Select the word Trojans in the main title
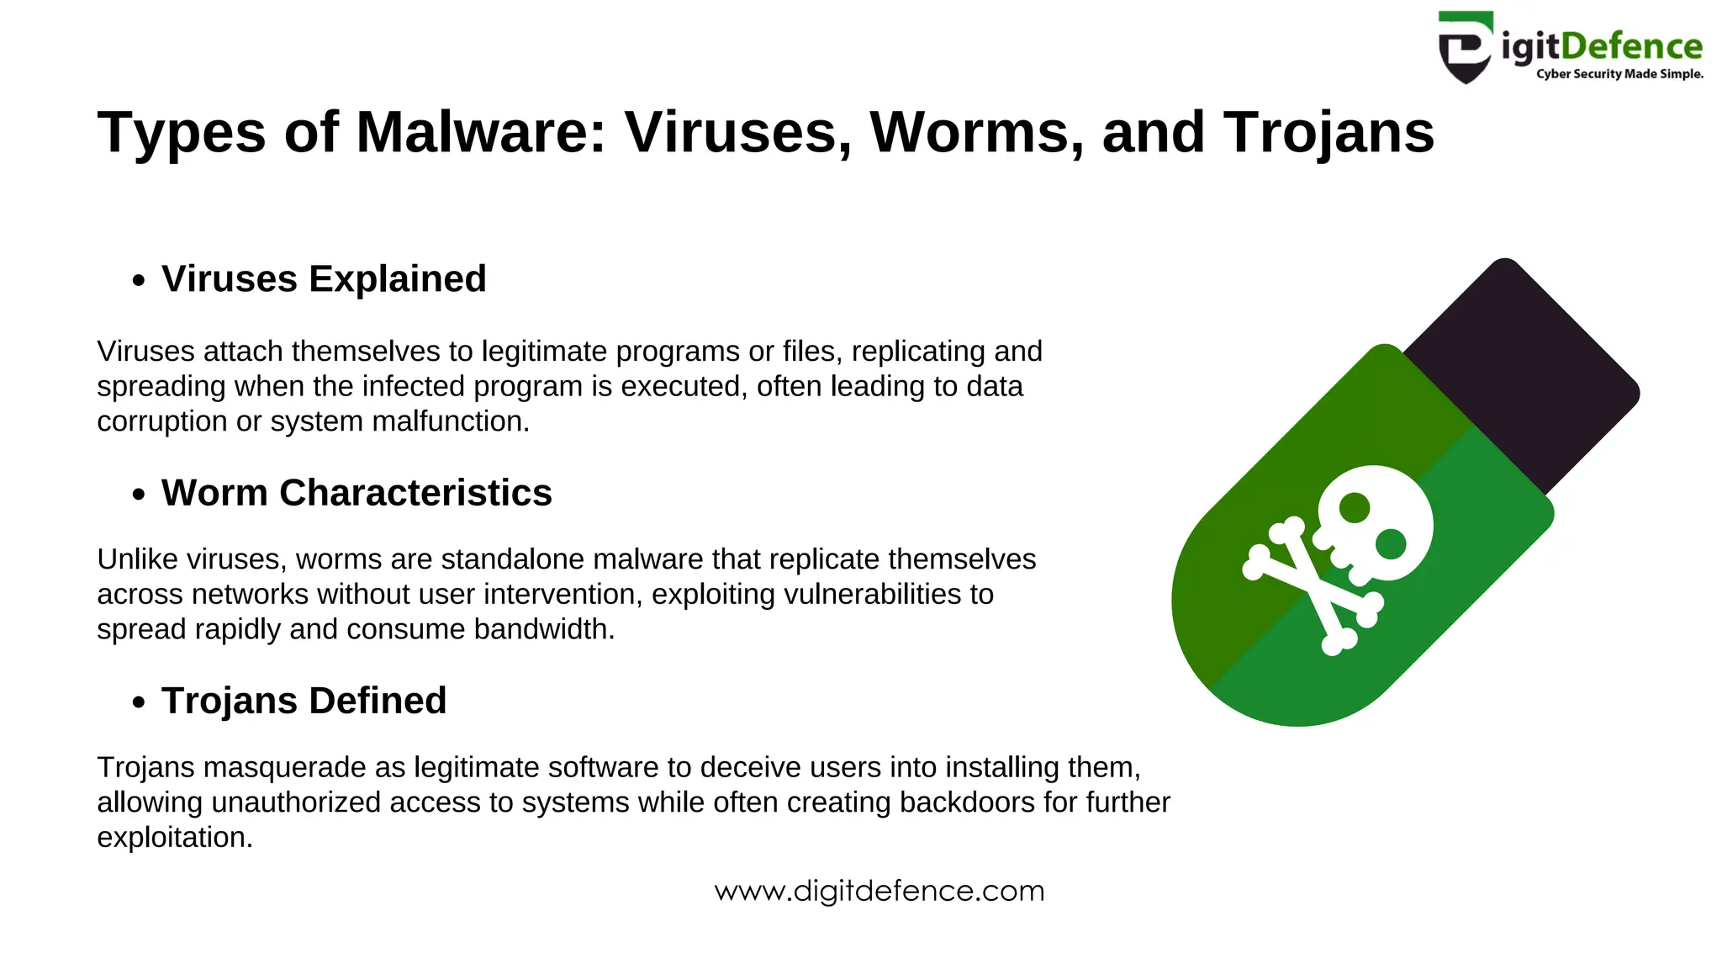pyautogui.click(x=1328, y=133)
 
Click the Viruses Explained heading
pyautogui.click(x=324, y=279)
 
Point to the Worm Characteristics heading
pyautogui.click(x=357, y=493)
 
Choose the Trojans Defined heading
pyautogui.click(x=304, y=701)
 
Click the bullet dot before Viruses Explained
pyautogui.click(x=139, y=281)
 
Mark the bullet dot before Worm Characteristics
pyautogui.click(x=139, y=495)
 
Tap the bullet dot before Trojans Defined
pyautogui.click(x=139, y=702)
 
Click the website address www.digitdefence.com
pyautogui.click(x=879, y=891)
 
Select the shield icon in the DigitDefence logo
pyautogui.click(x=1466, y=48)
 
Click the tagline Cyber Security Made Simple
pyautogui.click(x=1619, y=74)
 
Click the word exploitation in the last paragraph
pyautogui.click(x=174, y=838)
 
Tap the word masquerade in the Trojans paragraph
pyautogui.click(x=284, y=768)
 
